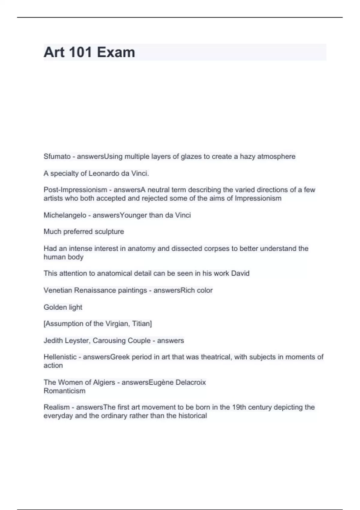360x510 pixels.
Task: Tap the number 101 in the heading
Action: (x=80, y=52)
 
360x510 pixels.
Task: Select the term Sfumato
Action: (x=57, y=156)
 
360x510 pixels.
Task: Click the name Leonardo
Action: (x=103, y=173)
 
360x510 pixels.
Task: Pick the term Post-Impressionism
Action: (x=75, y=190)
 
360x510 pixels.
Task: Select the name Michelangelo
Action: (x=65, y=215)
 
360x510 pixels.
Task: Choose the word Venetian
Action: (x=58, y=290)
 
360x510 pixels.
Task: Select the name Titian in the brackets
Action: (x=142, y=324)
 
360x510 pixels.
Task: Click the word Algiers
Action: (x=103, y=382)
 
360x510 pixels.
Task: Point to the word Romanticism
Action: (x=64, y=391)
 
